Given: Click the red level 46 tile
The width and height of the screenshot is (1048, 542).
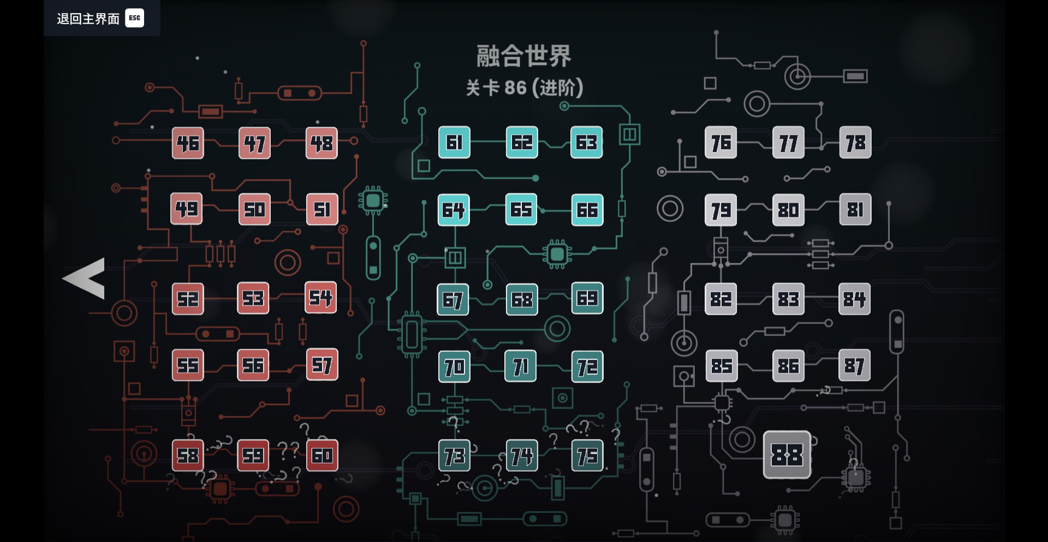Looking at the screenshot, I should [188, 143].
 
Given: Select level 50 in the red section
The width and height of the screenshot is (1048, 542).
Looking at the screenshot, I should [254, 209].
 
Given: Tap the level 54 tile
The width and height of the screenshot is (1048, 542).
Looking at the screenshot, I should [320, 298].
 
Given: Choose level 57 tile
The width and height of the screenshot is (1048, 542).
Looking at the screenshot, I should [322, 364].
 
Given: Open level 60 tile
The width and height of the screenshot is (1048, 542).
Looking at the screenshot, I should [322, 455].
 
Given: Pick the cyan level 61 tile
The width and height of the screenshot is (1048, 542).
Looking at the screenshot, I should [454, 143].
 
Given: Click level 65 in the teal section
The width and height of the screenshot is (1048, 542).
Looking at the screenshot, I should [521, 209].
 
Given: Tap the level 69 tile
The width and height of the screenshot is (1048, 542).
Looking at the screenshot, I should [587, 298].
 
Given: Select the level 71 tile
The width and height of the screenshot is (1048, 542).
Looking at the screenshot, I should [521, 366].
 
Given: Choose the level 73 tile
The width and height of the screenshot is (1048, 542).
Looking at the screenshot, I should [454, 456].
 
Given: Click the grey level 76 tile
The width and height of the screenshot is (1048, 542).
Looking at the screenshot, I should [720, 143].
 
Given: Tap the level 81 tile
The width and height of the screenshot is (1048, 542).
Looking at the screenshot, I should [855, 209].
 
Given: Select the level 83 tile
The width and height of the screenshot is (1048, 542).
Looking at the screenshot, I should [788, 299].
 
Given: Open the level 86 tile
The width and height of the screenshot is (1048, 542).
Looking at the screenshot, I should [788, 366].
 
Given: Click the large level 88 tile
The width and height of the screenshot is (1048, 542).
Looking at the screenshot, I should [787, 455].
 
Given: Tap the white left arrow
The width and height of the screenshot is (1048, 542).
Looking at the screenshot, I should [85, 278].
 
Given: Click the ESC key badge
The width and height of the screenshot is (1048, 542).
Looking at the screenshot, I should [134, 18].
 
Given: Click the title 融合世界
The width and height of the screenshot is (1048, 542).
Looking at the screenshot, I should [523, 56].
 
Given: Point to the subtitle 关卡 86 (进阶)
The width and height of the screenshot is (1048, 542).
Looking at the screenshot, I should [524, 87].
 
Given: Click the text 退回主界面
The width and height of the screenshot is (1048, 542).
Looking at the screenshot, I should [88, 19].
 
